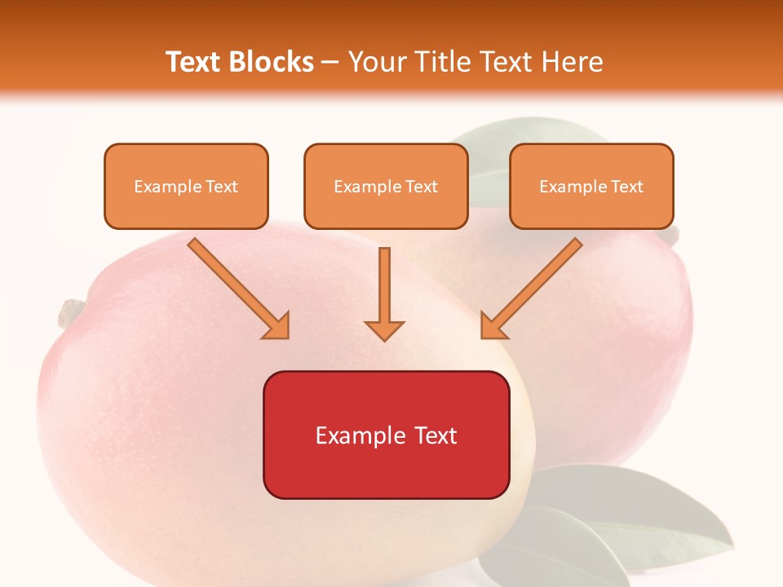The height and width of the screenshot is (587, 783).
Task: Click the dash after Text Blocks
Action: point(330,63)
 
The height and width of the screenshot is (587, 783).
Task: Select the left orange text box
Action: point(186,186)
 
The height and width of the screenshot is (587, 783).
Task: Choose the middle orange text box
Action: point(386,186)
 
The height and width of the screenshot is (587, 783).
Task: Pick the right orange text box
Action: point(591,186)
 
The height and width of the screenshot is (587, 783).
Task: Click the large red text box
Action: point(386,435)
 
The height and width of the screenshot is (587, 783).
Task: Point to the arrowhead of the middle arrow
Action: point(384,330)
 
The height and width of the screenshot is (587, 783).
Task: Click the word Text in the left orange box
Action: point(222,187)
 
